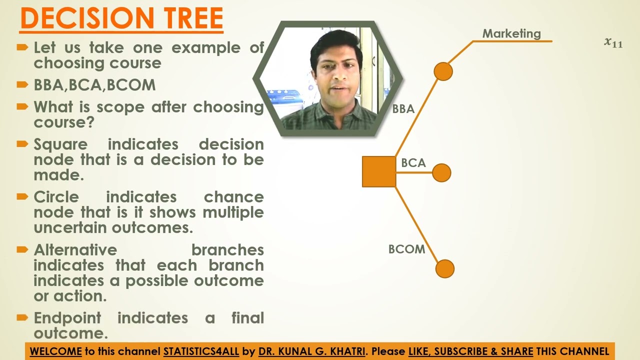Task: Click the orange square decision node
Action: pos(378,171)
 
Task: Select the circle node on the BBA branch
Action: pos(443,71)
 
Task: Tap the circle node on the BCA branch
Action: pos(441,173)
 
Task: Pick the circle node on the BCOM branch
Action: pos(444,268)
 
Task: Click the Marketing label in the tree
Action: pos(511,34)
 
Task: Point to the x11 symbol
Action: pos(613,43)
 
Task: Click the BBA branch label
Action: pos(403,108)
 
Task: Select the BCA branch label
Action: pos(413,163)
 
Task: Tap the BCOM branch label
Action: pos(406,249)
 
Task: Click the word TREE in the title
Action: pos(192,18)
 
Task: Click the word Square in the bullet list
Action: pos(60,144)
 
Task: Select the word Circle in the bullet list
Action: pos(56,197)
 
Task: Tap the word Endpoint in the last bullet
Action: pos(67,318)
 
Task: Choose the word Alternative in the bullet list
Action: pos(75,249)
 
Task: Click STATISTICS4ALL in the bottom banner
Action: pos(201,351)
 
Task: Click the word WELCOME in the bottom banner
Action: pos(55,351)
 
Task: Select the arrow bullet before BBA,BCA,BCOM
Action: pos(22,84)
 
